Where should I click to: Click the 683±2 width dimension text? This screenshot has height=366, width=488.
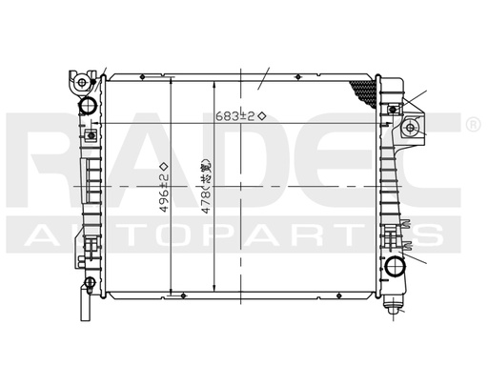(x=236, y=115)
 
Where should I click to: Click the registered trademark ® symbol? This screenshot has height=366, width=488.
(x=472, y=125)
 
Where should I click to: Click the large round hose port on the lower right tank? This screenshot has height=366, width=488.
(x=396, y=264)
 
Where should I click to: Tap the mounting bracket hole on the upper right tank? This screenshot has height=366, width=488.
(x=411, y=128)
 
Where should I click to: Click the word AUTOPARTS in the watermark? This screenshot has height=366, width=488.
(x=238, y=235)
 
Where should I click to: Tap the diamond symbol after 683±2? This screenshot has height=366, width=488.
(x=261, y=115)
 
